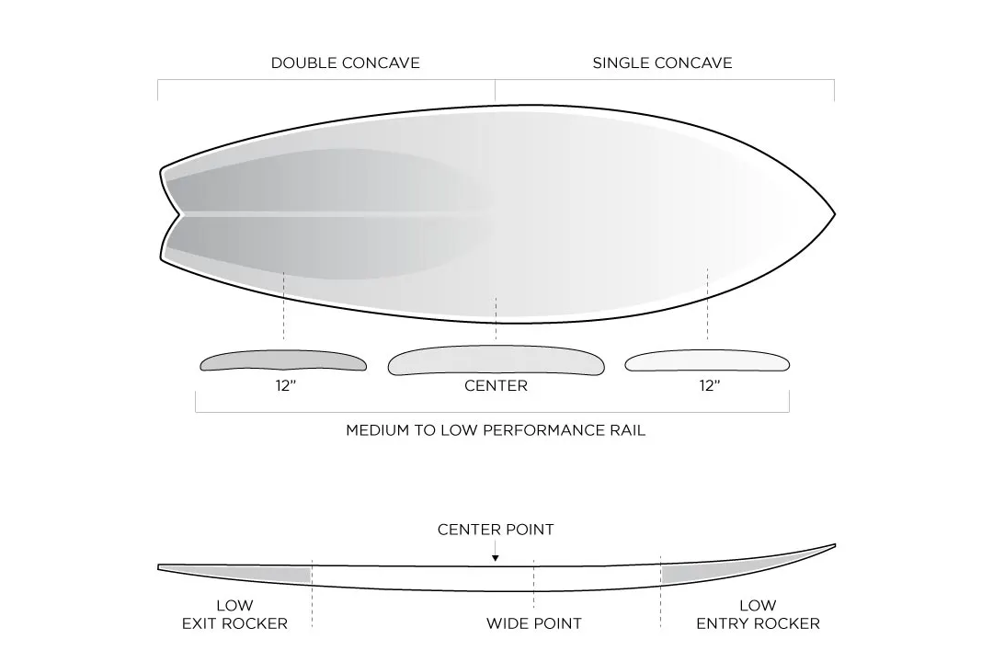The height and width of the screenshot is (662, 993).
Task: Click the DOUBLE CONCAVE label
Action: click(345, 63)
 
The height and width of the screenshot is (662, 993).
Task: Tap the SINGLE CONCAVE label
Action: click(662, 63)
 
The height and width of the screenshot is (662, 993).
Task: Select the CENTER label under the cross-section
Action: click(496, 386)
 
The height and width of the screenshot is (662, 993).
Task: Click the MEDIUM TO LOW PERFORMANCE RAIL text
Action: click(496, 430)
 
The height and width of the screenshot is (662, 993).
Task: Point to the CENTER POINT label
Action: click(496, 530)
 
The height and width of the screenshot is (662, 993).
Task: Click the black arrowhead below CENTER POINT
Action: click(496, 557)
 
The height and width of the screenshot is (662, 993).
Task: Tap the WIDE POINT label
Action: click(533, 623)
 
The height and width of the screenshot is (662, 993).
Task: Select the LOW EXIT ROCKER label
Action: click(234, 614)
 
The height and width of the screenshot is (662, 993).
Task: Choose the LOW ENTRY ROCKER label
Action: click(758, 614)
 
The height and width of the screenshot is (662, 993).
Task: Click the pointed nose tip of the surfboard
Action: click(833, 215)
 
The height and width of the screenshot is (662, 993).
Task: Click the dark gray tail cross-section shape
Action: click(283, 361)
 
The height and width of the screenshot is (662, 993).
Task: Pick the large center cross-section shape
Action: click(496, 362)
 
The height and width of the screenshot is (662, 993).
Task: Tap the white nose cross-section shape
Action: click(707, 362)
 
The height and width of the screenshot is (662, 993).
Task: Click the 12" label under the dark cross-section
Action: click(285, 386)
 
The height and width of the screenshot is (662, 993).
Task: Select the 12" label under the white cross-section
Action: click(708, 386)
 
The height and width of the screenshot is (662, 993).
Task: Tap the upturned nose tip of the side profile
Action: click(833, 545)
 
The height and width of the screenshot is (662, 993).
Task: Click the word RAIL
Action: click(626, 430)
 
